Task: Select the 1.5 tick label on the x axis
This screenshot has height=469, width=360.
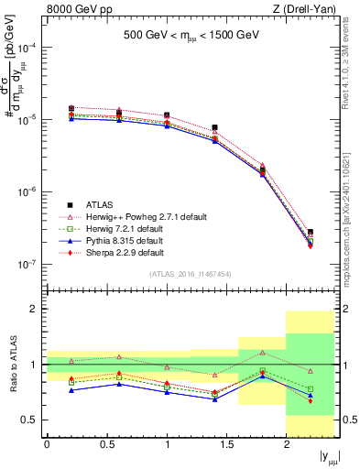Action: click(226, 445)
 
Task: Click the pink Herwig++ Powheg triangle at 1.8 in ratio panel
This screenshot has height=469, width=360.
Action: click(263, 353)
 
